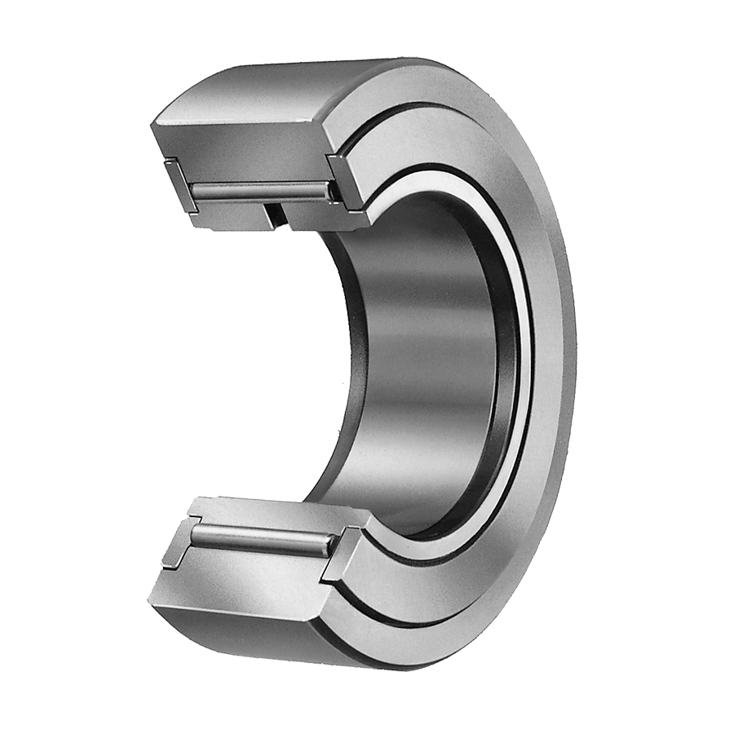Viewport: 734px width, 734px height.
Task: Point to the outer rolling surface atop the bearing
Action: pyautogui.click(x=326, y=82)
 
